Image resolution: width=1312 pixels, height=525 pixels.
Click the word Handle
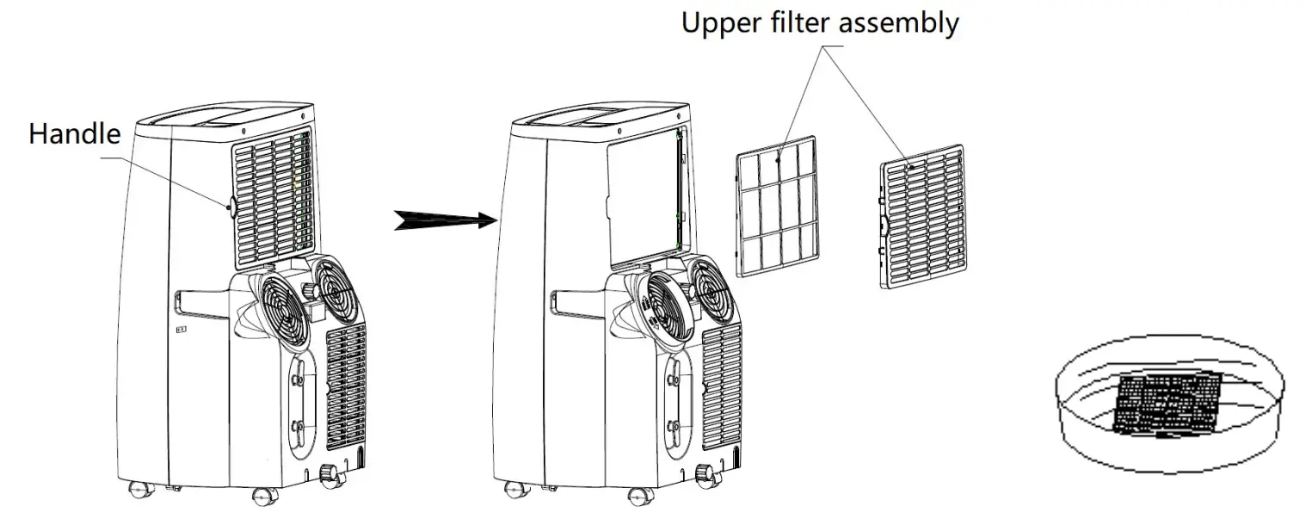click(x=74, y=135)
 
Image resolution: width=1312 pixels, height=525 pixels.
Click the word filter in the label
click(x=808, y=22)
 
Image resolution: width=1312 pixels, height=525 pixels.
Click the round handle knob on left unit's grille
click(x=231, y=206)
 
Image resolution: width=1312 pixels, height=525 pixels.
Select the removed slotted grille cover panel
click(x=921, y=215)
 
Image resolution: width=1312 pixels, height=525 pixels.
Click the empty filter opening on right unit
click(x=641, y=200)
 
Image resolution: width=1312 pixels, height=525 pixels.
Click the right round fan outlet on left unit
click(x=339, y=284)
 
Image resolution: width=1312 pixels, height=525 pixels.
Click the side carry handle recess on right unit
click(x=577, y=304)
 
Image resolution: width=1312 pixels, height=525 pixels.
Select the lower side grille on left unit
click(x=346, y=386)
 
